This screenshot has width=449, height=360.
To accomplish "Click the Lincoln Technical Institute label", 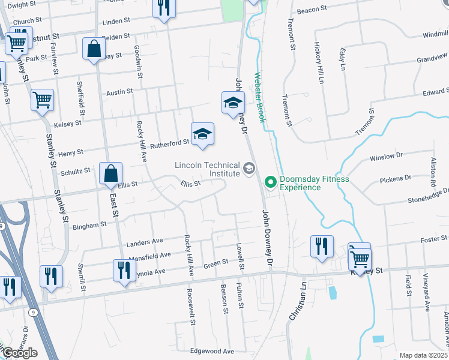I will pos(208,170).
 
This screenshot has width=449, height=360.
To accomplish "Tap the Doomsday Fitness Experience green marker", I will pos(270,180).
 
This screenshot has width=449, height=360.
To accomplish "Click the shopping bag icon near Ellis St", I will pos(111,174).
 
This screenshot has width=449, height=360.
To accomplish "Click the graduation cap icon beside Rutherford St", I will pos(203,134).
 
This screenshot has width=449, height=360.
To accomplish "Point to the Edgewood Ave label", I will pos(211,351).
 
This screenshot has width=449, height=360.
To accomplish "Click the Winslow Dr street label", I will pos(386,157).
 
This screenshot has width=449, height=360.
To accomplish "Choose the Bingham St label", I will pos(89,224).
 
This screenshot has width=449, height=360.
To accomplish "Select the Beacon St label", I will pos(312,10).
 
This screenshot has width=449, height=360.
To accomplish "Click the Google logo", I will pos(19,353).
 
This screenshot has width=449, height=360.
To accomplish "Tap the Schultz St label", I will pos(75,171).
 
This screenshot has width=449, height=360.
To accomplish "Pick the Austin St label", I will pos(119,92).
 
